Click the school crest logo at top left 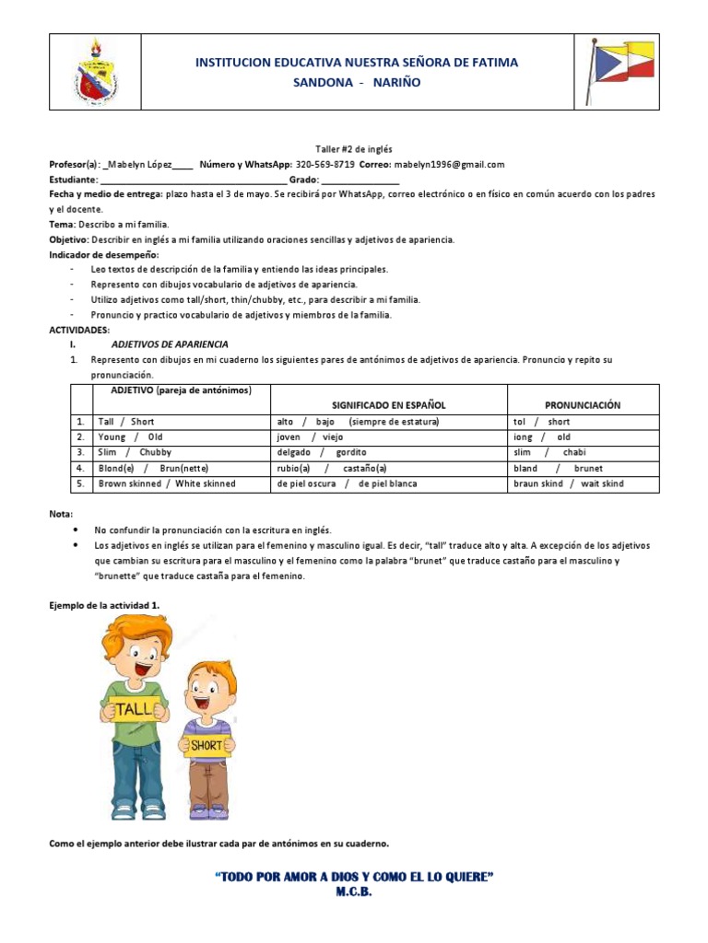[95, 72]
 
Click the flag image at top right [619, 71]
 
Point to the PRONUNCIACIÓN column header [583, 405]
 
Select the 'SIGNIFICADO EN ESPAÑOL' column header [388, 405]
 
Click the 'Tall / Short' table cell [126, 422]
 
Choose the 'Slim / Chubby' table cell [135, 453]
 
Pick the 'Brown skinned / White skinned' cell [167, 483]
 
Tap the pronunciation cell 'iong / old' [542, 437]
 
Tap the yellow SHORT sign [207, 745]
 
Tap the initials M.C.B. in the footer [353, 892]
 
